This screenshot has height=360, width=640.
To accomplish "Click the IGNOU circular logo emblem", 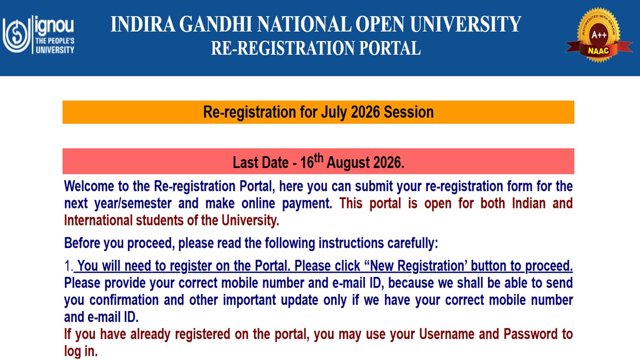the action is (x=17, y=35).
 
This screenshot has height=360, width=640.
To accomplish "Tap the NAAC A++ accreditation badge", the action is (x=599, y=35).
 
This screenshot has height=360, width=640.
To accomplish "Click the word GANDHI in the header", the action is (x=215, y=24).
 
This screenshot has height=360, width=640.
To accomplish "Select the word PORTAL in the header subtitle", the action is (x=390, y=47).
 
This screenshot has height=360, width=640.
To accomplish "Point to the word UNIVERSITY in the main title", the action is (x=466, y=24).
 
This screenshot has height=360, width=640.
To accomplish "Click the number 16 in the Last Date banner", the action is (x=307, y=163).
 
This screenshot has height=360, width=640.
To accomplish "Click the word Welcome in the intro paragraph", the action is (x=89, y=186).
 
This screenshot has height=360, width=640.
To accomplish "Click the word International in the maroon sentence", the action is (x=98, y=221).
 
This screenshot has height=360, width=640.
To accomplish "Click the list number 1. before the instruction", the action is (x=69, y=266).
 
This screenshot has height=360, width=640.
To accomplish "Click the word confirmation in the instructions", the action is (x=124, y=300).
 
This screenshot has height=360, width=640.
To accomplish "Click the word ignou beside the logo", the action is (x=54, y=26).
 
